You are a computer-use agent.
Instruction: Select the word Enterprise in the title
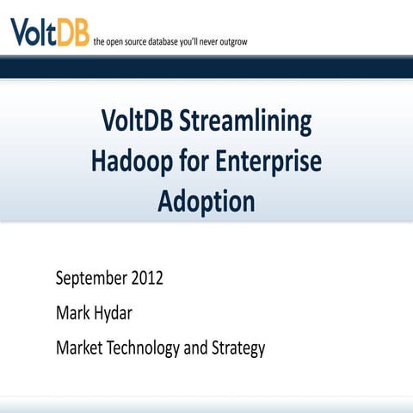tap(267, 163)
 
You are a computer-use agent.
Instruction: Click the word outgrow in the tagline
tap(230, 41)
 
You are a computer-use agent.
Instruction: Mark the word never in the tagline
tap(204, 41)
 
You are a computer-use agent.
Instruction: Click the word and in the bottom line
tap(200, 348)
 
